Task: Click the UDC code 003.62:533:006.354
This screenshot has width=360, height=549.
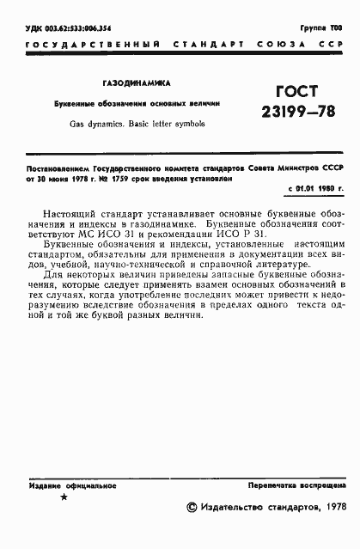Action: click(69, 29)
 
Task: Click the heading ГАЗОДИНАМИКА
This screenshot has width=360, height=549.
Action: click(137, 83)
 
